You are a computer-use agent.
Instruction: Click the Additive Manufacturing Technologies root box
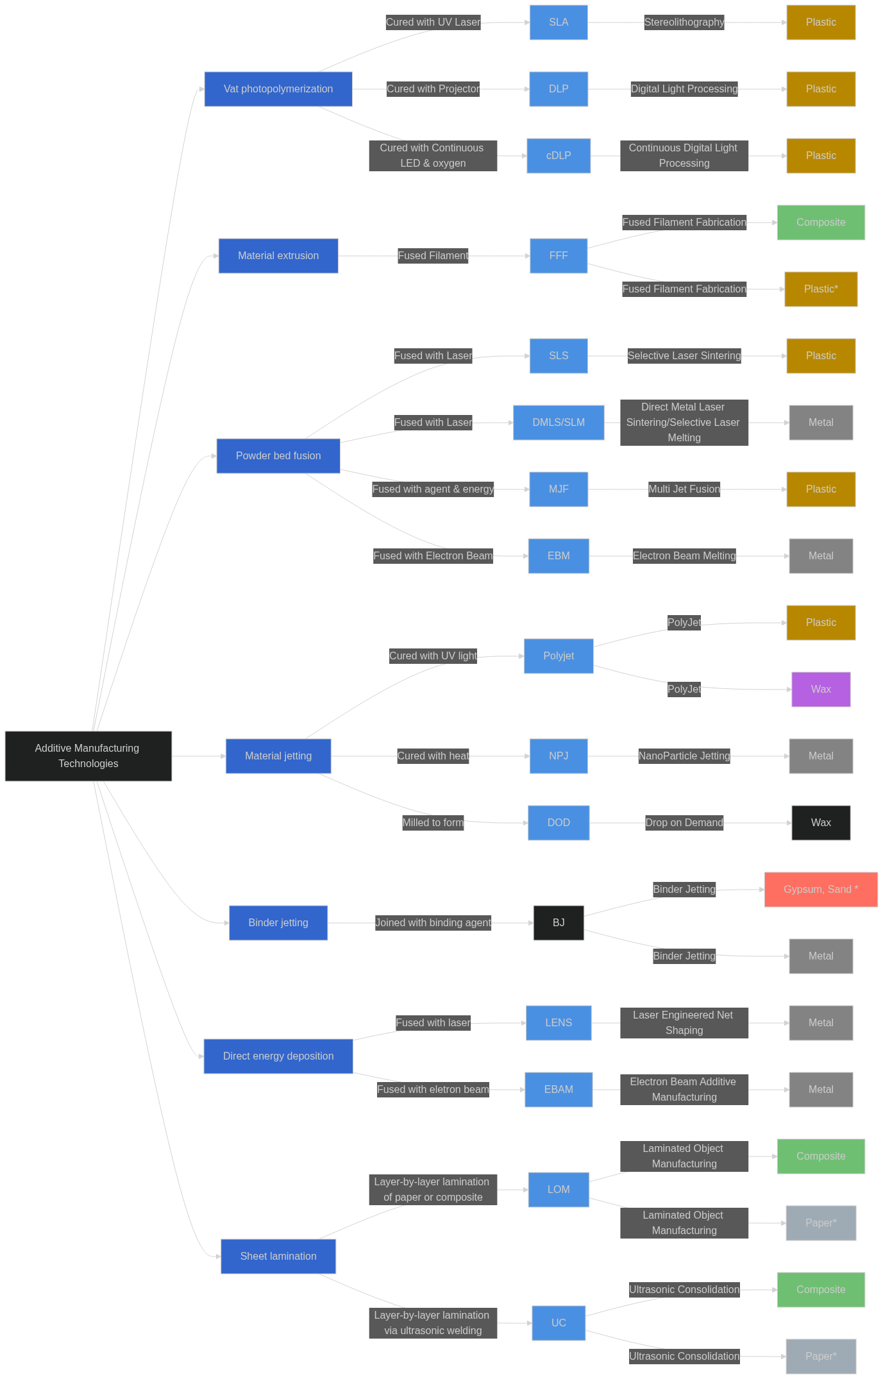point(88,756)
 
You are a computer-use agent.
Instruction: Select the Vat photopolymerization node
point(278,89)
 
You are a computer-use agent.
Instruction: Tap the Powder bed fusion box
point(278,456)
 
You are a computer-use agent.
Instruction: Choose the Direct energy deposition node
point(278,1056)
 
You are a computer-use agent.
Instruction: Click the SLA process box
point(559,22)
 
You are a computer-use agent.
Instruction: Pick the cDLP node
point(559,156)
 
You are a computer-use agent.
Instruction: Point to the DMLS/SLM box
point(559,423)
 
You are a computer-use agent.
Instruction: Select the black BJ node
point(559,923)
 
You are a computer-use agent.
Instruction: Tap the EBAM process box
point(559,1090)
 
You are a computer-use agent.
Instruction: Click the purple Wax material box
point(821,689)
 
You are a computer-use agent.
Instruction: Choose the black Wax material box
point(821,823)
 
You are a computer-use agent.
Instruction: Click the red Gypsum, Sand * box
point(821,890)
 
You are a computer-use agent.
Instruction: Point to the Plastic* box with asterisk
point(821,289)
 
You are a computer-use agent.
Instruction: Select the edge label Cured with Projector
point(433,89)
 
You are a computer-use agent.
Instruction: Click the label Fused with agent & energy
point(433,489)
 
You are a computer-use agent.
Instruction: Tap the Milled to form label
point(433,823)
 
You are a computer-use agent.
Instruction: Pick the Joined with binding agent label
point(433,923)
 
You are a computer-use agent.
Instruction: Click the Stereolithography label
point(684,22)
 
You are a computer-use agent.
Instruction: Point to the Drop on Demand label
point(684,823)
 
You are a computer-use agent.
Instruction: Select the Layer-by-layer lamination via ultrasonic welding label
point(433,1323)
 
